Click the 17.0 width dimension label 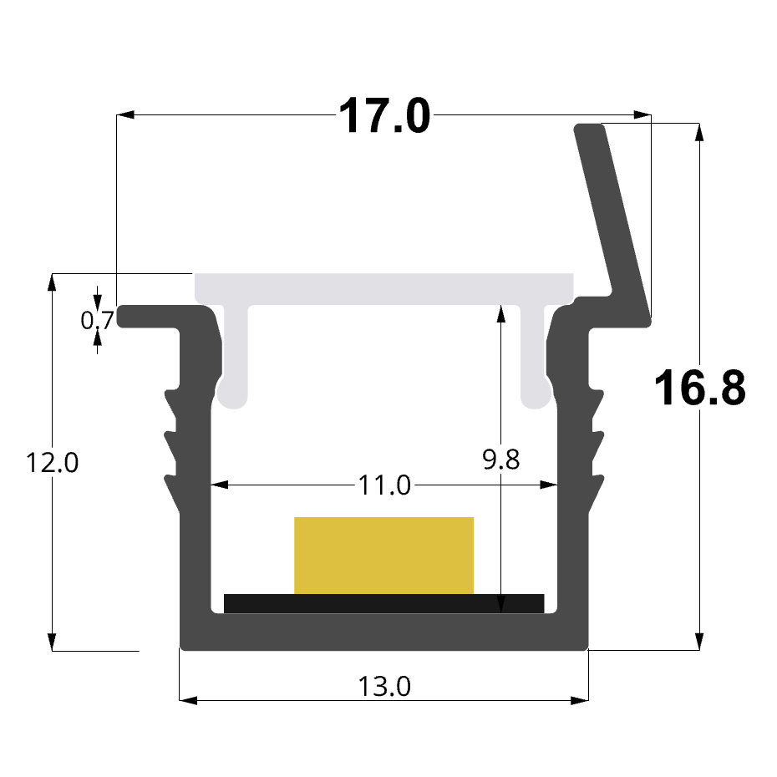click(x=384, y=116)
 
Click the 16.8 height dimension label click(x=698, y=388)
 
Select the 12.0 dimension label click(x=52, y=462)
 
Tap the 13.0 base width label click(x=384, y=687)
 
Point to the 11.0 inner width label click(x=384, y=485)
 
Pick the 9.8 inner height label click(x=501, y=460)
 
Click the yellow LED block click(x=383, y=555)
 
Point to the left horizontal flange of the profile click(x=159, y=317)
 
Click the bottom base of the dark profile click(x=384, y=633)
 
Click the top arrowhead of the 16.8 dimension click(x=699, y=131)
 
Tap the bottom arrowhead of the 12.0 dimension click(x=52, y=641)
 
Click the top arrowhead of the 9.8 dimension click(x=500, y=313)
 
